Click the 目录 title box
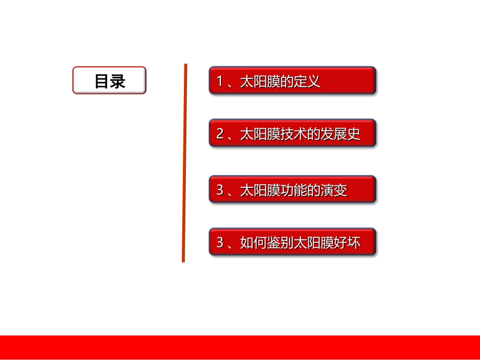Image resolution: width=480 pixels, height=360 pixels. (x=109, y=80)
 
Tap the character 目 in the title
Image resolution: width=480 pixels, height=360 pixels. (x=102, y=81)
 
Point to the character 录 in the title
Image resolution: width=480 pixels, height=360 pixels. (x=118, y=81)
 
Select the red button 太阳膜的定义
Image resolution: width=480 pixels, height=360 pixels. (x=293, y=80)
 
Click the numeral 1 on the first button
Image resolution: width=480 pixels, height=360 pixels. (x=220, y=81)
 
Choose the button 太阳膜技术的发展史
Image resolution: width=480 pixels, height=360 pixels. (x=293, y=133)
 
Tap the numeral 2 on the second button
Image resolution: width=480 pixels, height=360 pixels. (x=220, y=134)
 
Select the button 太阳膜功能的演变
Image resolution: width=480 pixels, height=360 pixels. (x=293, y=189)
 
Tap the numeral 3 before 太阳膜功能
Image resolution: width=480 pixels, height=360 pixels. (x=220, y=190)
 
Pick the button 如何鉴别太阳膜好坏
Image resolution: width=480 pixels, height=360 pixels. (x=293, y=242)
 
